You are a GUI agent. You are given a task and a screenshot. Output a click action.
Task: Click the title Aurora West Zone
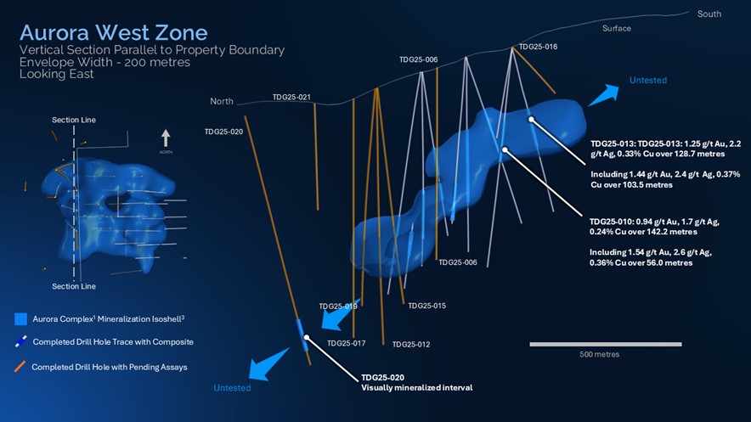point(113,33)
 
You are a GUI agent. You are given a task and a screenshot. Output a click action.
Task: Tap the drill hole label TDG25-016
point(538,47)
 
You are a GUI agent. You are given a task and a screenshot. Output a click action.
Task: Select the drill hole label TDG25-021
point(291,98)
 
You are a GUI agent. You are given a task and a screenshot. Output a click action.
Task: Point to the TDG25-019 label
point(337,306)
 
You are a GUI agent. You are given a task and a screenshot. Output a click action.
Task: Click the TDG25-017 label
point(346,343)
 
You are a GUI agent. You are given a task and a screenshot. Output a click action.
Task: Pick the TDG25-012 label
point(411,344)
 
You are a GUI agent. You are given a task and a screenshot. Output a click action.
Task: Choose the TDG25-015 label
point(426,306)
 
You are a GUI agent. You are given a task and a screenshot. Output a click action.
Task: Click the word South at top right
point(709,14)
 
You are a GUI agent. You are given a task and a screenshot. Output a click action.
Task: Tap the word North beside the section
point(222,102)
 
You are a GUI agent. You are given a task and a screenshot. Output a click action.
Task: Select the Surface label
point(617,29)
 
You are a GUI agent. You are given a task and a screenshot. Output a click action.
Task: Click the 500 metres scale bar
point(606,344)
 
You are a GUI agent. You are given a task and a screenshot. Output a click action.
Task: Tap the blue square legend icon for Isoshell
point(21,319)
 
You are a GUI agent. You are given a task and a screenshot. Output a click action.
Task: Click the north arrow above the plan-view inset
point(166,138)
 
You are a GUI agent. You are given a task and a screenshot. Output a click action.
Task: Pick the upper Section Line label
point(73,121)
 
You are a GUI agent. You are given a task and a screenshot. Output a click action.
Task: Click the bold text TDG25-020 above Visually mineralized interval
point(382,376)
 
